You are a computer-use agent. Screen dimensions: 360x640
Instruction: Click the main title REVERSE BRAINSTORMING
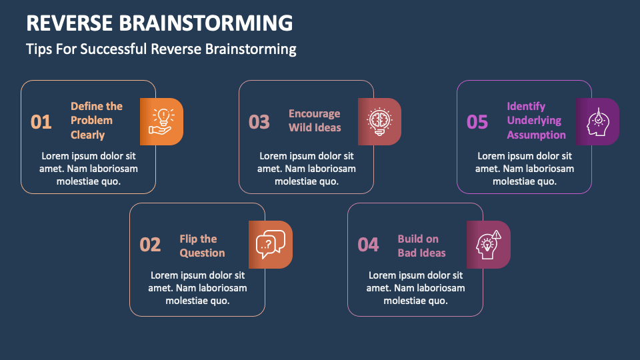(x=159, y=22)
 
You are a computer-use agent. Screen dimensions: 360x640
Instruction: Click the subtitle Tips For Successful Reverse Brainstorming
(x=161, y=49)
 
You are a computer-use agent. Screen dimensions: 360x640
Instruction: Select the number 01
(x=41, y=122)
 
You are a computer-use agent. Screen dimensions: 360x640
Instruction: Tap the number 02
(x=150, y=245)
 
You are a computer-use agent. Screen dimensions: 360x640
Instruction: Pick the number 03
(x=259, y=122)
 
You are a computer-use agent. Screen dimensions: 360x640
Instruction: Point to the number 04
(x=368, y=245)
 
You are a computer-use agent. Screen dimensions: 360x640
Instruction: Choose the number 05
(x=477, y=122)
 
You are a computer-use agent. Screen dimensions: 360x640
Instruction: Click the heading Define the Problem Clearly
(x=97, y=121)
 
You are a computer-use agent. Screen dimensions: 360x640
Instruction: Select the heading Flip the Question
(x=202, y=245)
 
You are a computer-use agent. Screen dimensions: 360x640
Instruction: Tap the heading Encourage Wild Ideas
(x=315, y=121)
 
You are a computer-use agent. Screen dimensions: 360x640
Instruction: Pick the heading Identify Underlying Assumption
(x=536, y=121)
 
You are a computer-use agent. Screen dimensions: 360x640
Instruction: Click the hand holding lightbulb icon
(x=161, y=121)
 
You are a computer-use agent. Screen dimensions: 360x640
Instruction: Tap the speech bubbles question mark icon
(x=271, y=244)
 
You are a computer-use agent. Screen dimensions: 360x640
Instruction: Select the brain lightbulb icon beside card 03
(x=379, y=121)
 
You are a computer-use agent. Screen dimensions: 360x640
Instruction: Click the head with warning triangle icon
(x=489, y=244)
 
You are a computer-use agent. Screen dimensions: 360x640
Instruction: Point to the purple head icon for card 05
(x=597, y=121)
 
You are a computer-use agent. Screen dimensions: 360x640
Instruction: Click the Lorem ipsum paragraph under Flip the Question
(x=197, y=287)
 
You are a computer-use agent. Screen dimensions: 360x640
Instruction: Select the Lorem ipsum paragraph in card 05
(x=524, y=169)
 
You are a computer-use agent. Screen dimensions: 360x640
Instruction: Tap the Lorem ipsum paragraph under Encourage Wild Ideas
(x=306, y=169)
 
